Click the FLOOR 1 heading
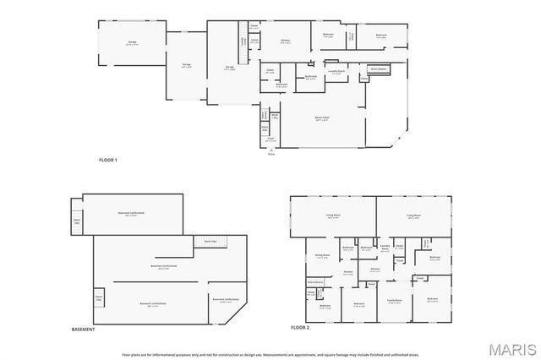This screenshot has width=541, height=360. coord(107,160)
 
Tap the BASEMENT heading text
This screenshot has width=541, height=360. coord(83,329)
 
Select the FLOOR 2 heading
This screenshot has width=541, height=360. coord(300,326)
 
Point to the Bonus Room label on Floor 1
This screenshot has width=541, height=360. coord(321,117)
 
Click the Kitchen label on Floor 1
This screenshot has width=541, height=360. coord(286,41)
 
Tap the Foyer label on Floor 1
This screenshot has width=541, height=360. coord(271,139)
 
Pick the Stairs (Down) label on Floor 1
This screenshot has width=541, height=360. coord(381,68)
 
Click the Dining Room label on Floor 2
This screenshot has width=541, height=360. coord(322,254)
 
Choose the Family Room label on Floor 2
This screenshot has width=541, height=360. coord(394,301)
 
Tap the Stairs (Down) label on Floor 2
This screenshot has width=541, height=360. coord(315,281)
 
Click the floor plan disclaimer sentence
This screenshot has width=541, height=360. coord(270,354)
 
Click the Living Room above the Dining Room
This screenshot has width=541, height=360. coord(332,216)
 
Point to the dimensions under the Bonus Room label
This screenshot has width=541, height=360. coord(321,121)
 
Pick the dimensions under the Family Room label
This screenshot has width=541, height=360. coord(394,304)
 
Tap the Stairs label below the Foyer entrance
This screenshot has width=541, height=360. coord(271,154)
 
